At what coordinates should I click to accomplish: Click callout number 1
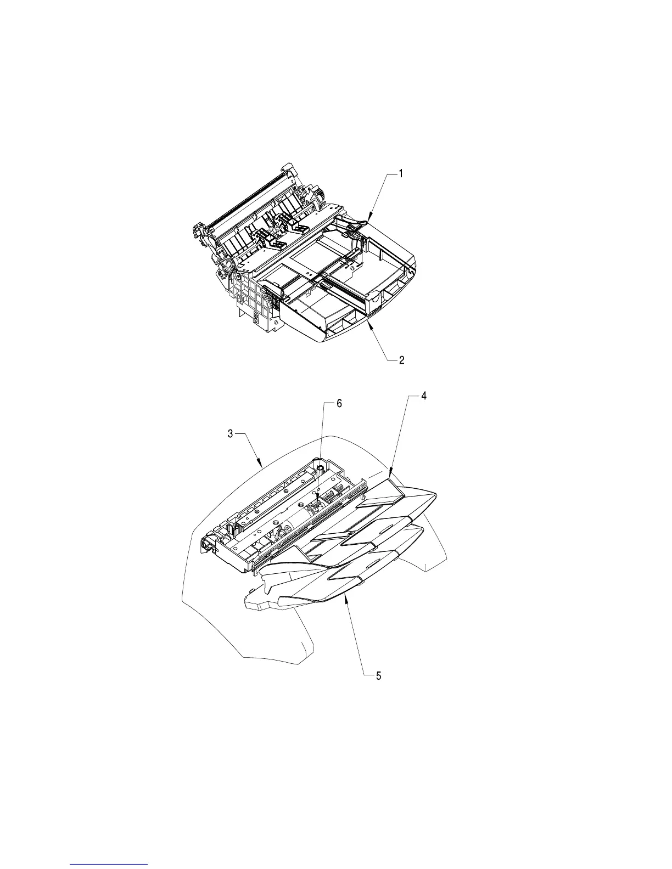[401, 173]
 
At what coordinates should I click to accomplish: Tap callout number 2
[402, 360]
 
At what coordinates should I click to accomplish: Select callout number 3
[231, 433]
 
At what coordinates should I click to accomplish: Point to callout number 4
[423, 397]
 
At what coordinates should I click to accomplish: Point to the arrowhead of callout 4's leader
[389, 475]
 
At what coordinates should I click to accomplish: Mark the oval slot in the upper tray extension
[387, 528]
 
